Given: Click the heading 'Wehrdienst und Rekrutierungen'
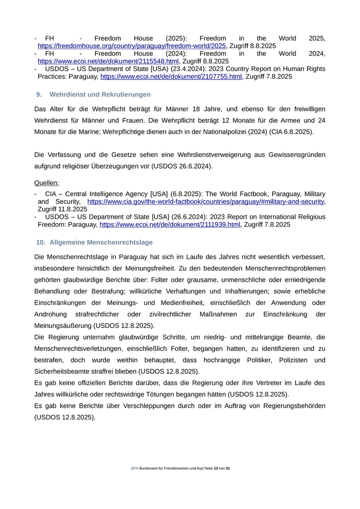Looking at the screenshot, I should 100,95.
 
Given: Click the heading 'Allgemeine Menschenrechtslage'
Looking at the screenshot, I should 101,242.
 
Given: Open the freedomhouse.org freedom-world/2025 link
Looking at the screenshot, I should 132,46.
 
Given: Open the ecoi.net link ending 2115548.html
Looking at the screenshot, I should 108,61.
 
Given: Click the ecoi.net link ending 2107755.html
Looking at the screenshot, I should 171,77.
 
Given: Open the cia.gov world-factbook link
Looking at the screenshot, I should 206,202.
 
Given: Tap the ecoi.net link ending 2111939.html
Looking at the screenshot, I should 170,225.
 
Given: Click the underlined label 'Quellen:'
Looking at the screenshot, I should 46,183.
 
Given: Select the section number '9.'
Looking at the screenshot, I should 39,95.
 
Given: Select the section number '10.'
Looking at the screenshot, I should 41,242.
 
